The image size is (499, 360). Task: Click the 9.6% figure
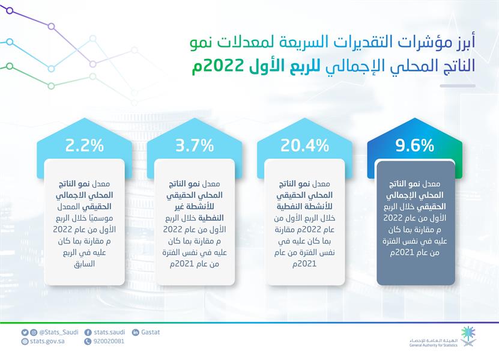point(415,145)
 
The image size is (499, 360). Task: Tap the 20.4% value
point(305,145)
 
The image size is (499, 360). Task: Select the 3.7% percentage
point(195,145)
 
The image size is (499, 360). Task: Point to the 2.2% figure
point(85,145)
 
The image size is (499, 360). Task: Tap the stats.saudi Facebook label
point(109,332)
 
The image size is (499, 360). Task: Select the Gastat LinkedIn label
point(150,332)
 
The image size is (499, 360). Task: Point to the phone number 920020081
point(109,341)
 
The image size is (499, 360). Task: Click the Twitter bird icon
point(25,332)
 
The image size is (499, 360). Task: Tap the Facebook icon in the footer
point(88,332)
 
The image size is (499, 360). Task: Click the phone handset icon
point(88,341)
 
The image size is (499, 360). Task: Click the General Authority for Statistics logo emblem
point(468,335)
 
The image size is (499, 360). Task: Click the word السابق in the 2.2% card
point(85,264)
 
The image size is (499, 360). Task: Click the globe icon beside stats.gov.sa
point(25,341)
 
